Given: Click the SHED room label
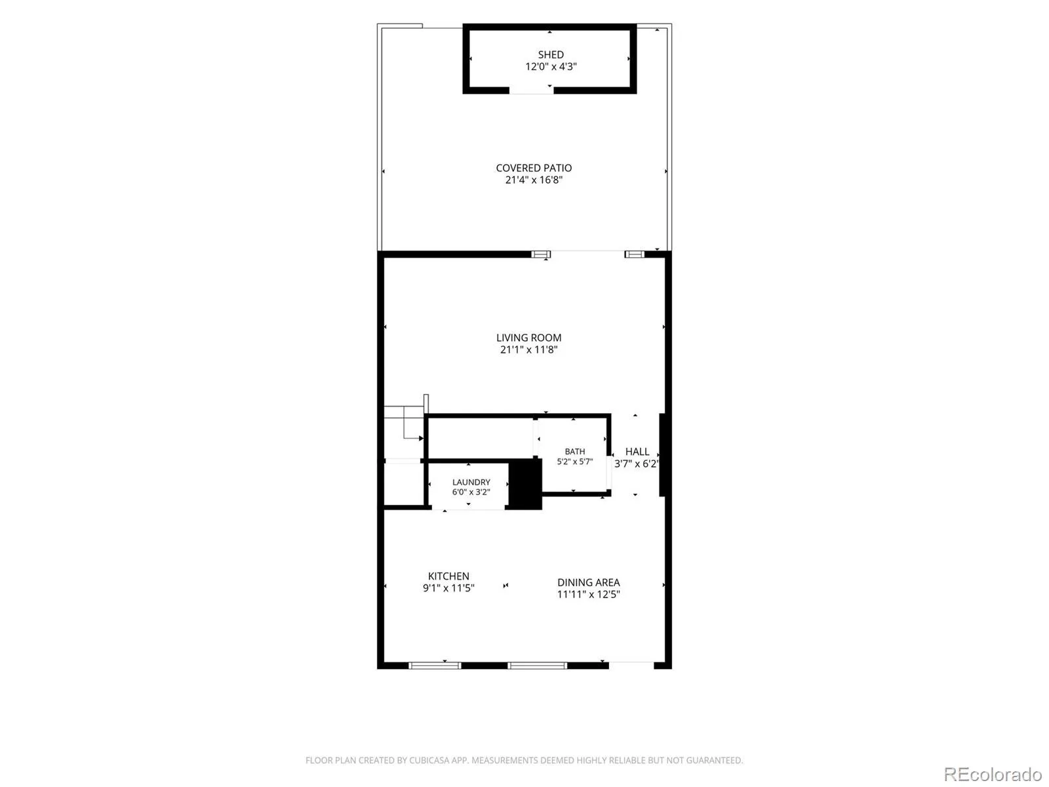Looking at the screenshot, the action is point(551,54).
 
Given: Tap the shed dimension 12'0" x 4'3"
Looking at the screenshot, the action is point(551,66).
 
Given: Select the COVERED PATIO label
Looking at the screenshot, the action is point(533,168).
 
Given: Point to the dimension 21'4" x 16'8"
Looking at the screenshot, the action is point(533,180).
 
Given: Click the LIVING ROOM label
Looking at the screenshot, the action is point(528,337).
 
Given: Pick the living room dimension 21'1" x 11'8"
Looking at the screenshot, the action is point(528,350).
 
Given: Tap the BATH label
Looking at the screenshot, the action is point(574,451).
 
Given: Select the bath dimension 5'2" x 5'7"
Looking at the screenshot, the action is point(574,461).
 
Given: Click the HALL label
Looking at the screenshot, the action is point(637,451).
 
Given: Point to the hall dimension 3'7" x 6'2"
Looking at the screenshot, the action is point(636,463).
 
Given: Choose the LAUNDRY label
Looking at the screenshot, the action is point(471,481).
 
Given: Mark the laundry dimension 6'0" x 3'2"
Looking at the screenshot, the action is point(471,492).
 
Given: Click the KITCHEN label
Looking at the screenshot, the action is point(448,576).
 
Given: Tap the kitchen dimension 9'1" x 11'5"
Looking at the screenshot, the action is point(448,588).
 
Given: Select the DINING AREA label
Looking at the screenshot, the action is point(588,582).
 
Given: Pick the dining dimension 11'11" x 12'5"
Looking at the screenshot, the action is point(588,594).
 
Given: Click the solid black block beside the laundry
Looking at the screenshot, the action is point(524,483).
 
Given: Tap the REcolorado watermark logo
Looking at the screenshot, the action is point(993,773).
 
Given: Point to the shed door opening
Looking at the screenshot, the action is point(532,91).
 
